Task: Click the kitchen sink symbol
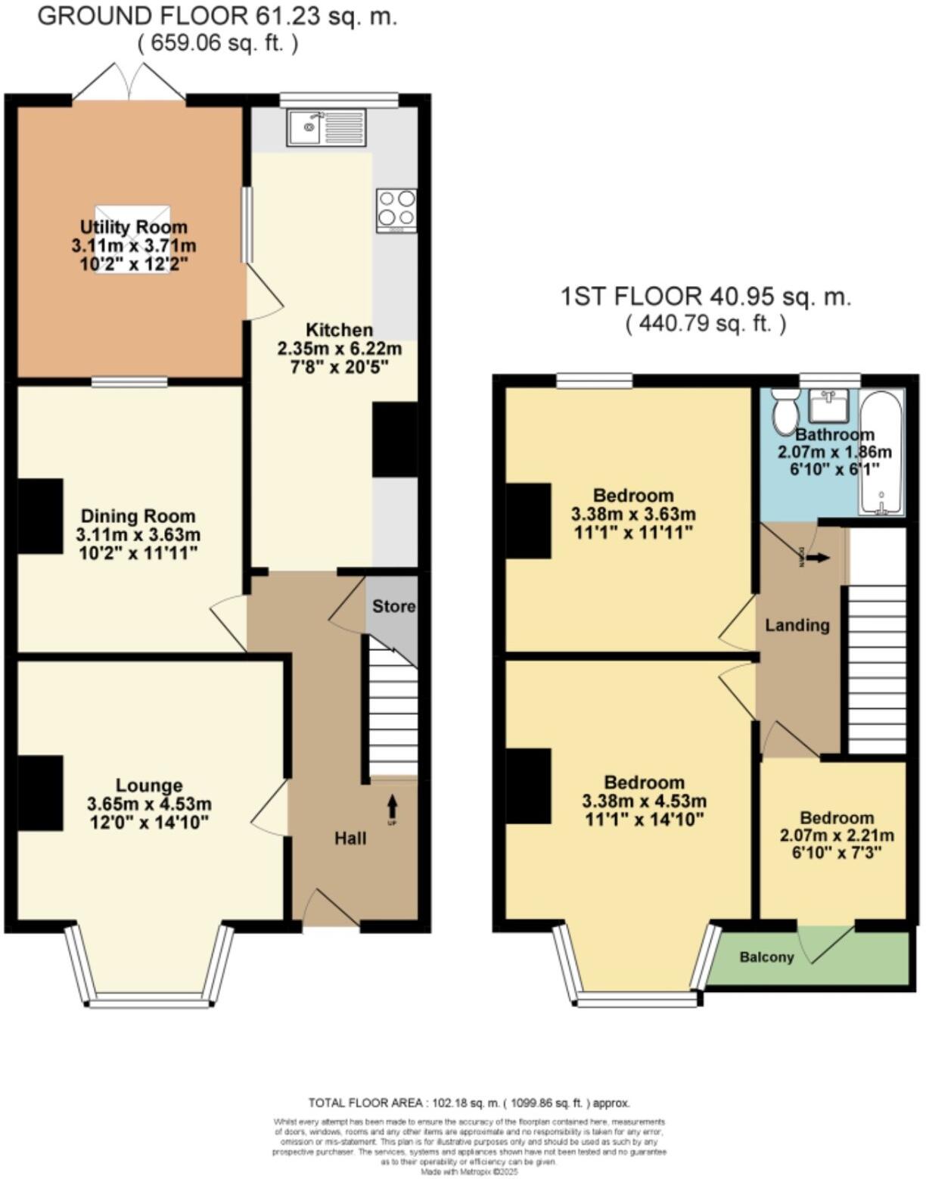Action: [x=325, y=127]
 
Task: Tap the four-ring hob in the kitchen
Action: [x=396, y=210]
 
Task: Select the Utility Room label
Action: [x=134, y=227]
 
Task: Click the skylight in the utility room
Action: [x=132, y=239]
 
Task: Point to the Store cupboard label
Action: [x=393, y=606]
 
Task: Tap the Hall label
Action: [x=350, y=838]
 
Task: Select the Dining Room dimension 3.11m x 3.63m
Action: [x=138, y=534]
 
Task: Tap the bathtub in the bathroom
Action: [x=881, y=453]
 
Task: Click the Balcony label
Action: [x=766, y=957]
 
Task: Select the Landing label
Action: [x=797, y=625]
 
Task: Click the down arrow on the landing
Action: [x=817, y=558]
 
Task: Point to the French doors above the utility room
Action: [x=129, y=82]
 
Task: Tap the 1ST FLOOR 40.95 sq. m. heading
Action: [x=705, y=296]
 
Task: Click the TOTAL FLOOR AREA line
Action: [x=468, y=1103]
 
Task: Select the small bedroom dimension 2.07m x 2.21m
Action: [x=837, y=835]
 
